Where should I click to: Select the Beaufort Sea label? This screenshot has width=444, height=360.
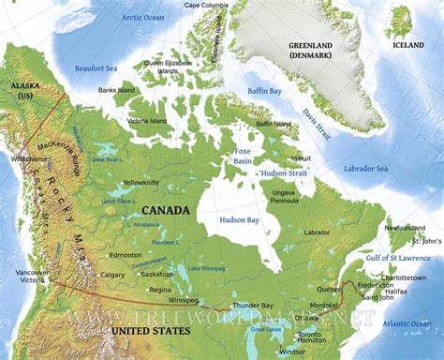click(96, 67)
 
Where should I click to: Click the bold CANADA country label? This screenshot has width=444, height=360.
click(165, 210)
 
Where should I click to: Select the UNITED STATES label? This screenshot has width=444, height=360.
click(149, 331)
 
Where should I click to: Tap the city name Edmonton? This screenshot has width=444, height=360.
click(125, 255)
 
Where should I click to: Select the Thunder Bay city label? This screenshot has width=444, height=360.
click(254, 305)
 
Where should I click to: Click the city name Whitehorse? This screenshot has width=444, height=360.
click(27, 159)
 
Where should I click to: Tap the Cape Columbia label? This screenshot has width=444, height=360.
click(205, 6)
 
